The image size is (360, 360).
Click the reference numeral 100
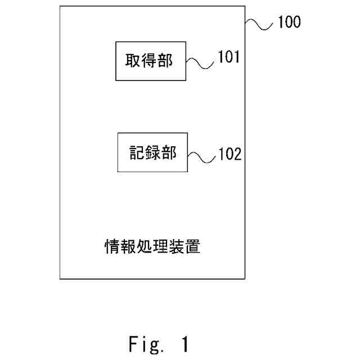287,22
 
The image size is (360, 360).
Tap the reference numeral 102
229,154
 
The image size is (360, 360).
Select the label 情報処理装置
152,246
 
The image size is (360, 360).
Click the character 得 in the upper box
148,60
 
